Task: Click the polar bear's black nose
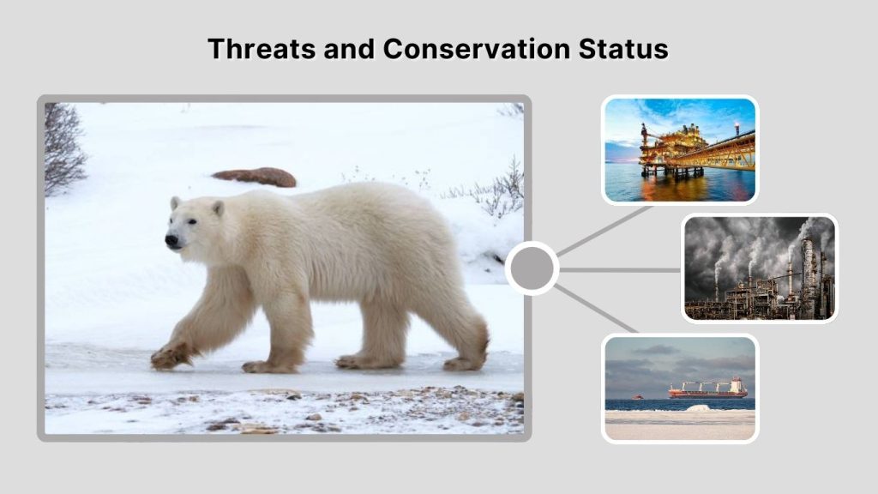point(171,242)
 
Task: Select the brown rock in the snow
point(255,177)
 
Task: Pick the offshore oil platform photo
point(679,150)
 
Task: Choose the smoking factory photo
point(759,268)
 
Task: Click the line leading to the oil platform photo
point(604,231)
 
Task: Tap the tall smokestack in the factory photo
point(807,270)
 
